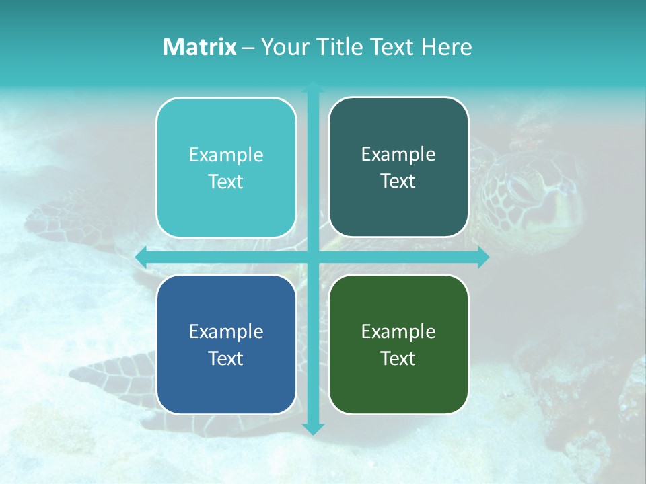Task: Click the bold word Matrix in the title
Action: point(200,47)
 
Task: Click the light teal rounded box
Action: point(226,167)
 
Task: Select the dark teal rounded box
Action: point(398,167)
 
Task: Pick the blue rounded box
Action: point(226,344)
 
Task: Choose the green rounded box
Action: point(398,344)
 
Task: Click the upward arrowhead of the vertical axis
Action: point(313,87)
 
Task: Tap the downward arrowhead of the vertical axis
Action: point(313,428)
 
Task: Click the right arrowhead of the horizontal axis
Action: point(483,257)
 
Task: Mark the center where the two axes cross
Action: point(313,257)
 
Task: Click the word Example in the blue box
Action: point(226,331)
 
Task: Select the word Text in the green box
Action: point(398,358)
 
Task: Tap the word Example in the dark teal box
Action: point(398,154)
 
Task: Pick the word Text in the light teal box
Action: point(226,182)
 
